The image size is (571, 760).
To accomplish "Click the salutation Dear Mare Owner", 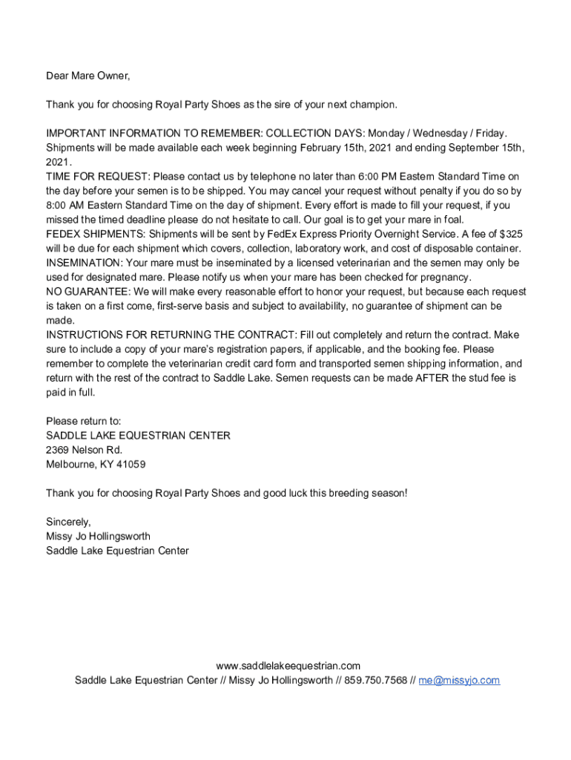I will click(x=88, y=76).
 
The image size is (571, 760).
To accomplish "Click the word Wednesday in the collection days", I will click(x=429, y=134).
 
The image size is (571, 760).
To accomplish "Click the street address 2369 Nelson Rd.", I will click(x=84, y=451).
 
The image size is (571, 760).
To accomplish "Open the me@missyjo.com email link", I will click(x=459, y=681).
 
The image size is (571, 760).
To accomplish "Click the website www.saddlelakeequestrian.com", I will click(x=288, y=666).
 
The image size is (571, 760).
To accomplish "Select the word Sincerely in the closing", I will click(x=68, y=522).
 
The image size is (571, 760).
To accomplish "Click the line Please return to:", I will click(x=83, y=422).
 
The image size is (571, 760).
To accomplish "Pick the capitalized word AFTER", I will click(x=432, y=378).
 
